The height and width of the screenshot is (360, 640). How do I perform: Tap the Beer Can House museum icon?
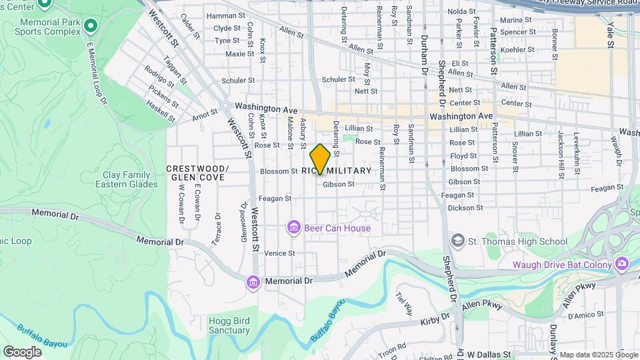pos(293,228)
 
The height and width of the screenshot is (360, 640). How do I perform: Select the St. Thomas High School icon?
pos(458,240)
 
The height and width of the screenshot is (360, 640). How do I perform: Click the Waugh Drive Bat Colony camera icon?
pos(622,264)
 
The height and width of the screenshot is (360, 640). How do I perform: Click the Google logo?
pos(22,351)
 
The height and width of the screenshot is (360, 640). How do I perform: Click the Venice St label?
pos(279,253)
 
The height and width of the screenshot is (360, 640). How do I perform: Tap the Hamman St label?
pos(226,15)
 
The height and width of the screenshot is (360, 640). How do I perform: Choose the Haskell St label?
pos(161,111)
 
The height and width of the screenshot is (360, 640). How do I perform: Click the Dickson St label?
pos(465,208)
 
